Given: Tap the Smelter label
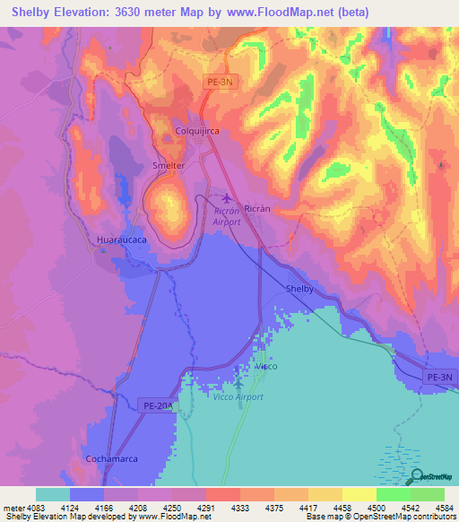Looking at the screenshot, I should click(x=169, y=166).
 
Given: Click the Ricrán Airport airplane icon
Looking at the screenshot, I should click(x=225, y=197).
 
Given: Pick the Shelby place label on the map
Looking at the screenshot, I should click(x=299, y=289).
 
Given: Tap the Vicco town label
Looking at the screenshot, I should click(x=266, y=366).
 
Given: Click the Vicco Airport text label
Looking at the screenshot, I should click(x=238, y=396).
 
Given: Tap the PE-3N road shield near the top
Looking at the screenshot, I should click(x=218, y=82).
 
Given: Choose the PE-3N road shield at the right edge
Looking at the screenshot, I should click(x=439, y=378).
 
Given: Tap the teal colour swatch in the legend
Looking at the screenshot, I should click(x=53, y=494).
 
